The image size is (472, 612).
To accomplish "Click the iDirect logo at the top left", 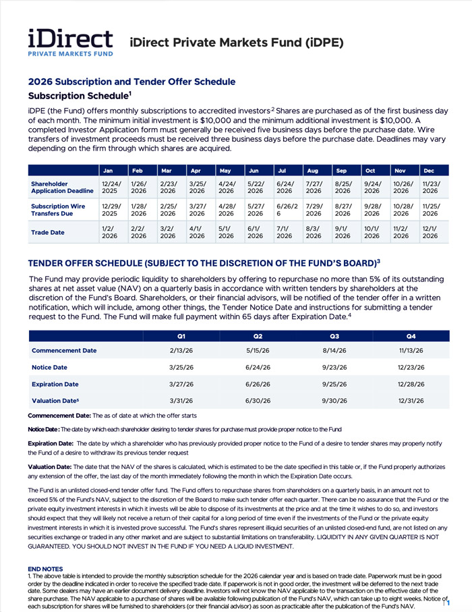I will [70, 43].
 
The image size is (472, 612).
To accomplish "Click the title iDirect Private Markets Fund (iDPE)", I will [236, 43].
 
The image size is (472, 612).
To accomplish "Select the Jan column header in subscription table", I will [109, 171].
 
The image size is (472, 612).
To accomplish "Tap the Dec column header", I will [430, 171].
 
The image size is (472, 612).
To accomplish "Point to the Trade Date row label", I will [48, 233].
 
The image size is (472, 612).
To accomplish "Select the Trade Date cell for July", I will [284, 233].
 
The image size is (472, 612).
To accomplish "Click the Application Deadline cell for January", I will [109, 187].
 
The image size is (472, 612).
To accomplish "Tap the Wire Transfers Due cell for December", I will [430, 210].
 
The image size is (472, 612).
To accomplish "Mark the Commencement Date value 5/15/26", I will [258, 351].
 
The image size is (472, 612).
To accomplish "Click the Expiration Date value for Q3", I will [334, 385].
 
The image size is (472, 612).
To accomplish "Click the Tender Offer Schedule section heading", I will [204, 262].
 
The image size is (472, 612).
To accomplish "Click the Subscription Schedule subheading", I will [80, 96].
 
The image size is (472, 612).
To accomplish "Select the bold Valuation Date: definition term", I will [49, 466].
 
